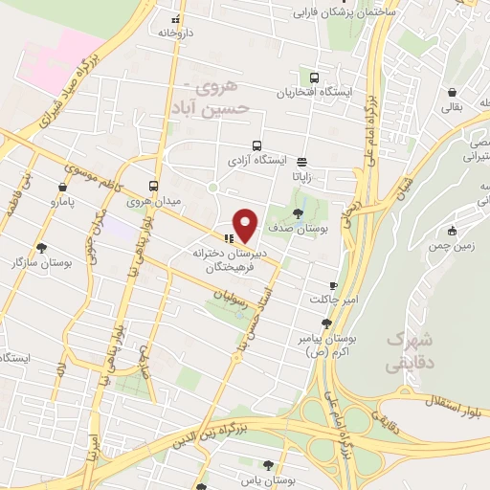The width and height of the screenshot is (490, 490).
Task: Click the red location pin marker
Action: (247, 225)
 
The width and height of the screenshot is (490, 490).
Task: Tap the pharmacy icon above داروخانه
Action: (174, 18)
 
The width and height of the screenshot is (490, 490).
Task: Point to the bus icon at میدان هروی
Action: (153, 186)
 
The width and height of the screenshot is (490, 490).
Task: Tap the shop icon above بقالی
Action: (451, 93)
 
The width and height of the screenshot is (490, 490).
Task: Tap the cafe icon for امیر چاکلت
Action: (333, 284)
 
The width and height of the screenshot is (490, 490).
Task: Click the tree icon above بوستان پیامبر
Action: (327, 323)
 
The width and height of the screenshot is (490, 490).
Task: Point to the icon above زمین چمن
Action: (451, 231)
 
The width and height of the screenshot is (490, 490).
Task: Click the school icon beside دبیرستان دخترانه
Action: (228, 238)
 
